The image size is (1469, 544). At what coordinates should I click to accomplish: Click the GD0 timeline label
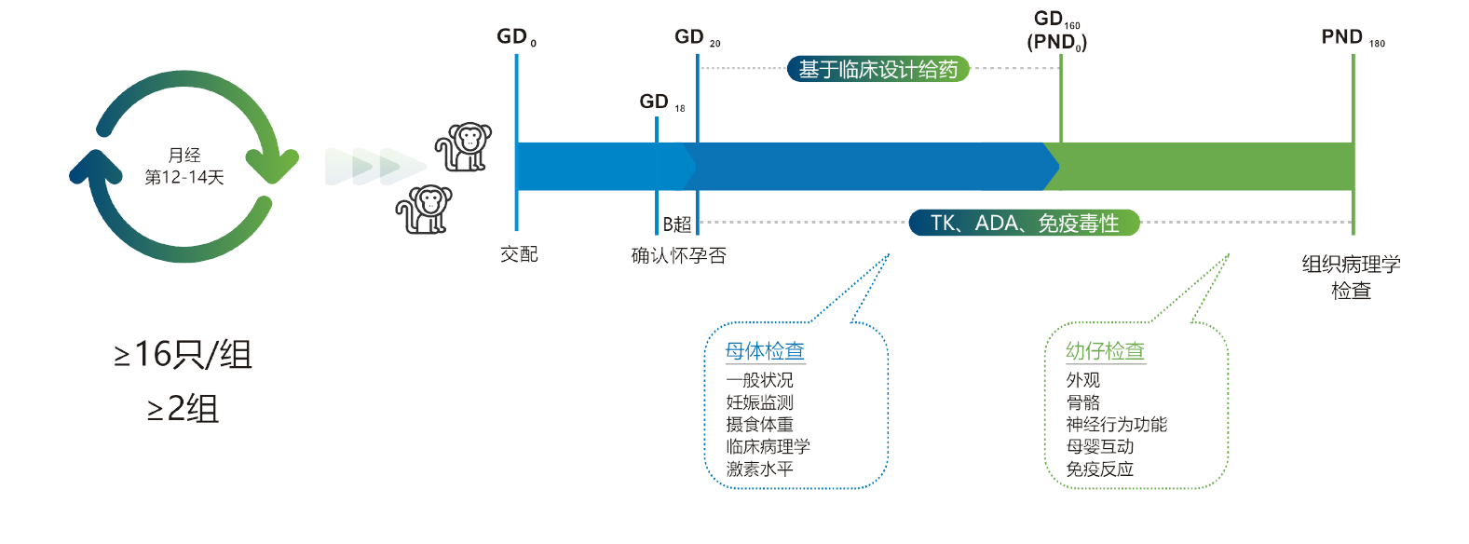[x=516, y=38]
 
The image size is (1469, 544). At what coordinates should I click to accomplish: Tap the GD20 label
[x=696, y=38]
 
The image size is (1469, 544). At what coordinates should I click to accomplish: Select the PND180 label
[x=1352, y=39]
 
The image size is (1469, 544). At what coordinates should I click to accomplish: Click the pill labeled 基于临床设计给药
[x=877, y=69]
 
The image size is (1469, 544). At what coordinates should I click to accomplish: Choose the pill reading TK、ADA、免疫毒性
[x=1025, y=223]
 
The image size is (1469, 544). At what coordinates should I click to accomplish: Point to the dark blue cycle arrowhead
[x=96, y=167]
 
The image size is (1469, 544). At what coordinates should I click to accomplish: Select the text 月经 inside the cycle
[x=184, y=156]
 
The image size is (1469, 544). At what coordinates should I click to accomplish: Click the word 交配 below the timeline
[x=519, y=253]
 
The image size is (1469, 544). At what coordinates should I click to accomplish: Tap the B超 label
[x=677, y=224]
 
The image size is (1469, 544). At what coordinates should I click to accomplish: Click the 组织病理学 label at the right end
[x=1350, y=265]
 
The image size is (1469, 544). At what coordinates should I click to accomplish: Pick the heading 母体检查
[x=765, y=351]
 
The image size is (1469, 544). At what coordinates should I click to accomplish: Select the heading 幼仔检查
[x=1105, y=351]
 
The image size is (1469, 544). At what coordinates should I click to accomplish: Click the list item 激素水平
[x=759, y=469]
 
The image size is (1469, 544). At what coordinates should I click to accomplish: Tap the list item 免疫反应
[x=1099, y=469]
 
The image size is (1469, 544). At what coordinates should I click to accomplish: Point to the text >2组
[x=182, y=407]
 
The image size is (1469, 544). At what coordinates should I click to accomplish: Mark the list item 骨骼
[x=1083, y=401]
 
